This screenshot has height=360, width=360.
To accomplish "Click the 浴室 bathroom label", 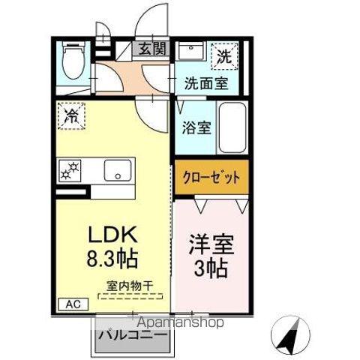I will click(x=196, y=126).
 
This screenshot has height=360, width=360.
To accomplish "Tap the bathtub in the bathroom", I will click(x=232, y=127).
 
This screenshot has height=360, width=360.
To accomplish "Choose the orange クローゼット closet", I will click(x=211, y=178).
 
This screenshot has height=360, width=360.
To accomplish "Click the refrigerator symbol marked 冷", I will click(x=71, y=118).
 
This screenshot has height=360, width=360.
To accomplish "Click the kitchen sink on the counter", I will click(x=117, y=169).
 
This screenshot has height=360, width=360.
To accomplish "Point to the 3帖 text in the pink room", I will click(x=211, y=268).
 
